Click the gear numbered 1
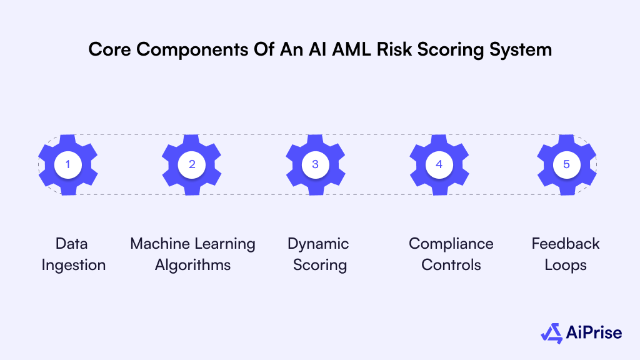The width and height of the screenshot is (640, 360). (68, 164)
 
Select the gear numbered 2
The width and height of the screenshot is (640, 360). (192, 164)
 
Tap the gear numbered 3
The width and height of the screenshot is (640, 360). (315, 164)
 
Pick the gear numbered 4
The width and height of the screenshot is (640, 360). (439, 164)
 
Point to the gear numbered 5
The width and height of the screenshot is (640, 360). (566, 164)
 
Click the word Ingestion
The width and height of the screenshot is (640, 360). (74, 265)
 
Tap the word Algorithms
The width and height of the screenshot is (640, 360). (192, 265)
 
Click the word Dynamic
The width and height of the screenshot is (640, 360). (318, 244)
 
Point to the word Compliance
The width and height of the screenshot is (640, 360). (451, 244)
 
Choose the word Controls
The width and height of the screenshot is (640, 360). (451, 265)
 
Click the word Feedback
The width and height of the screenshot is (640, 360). (566, 244)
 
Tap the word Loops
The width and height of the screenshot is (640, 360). (566, 265)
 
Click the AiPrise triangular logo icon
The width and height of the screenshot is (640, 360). (551, 333)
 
